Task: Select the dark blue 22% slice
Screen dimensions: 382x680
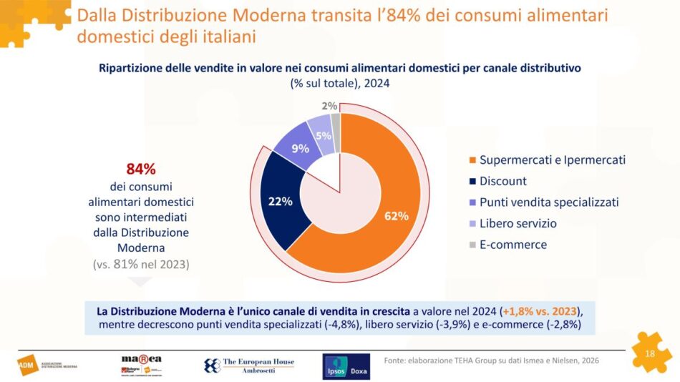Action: coord(280,201)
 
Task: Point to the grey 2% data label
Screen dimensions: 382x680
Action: coord(330,106)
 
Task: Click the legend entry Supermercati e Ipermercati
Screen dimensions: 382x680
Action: coord(552,160)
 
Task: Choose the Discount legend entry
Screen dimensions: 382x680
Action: coord(502,181)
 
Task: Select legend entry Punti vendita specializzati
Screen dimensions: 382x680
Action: coord(548,202)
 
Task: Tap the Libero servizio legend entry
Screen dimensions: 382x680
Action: coord(518,223)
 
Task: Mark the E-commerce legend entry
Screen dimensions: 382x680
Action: coord(513,245)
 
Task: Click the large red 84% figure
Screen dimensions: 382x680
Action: coord(140,170)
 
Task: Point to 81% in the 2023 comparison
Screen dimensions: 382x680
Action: coord(132,264)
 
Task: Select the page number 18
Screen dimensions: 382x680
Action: coord(650,353)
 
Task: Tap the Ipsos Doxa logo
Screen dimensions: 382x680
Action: coord(346,366)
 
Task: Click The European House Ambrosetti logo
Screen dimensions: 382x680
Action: coord(249,366)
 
